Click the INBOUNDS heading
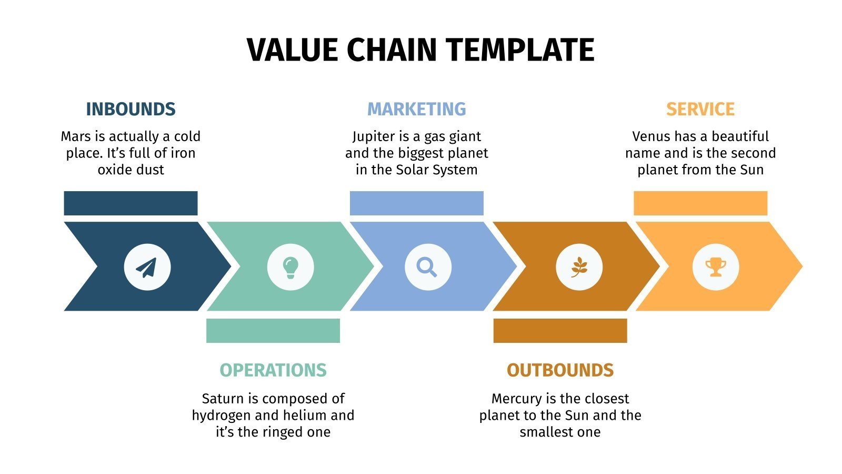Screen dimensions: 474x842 pyautogui.click(x=131, y=109)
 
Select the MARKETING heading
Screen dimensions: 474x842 pyautogui.click(x=416, y=109)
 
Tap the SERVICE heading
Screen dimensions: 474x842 pyautogui.click(x=700, y=109)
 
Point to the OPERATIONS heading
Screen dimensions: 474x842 pyautogui.click(x=273, y=370)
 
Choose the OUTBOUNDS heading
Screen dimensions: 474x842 pyautogui.click(x=560, y=370)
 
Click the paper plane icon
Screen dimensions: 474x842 pyautogui.click(x=147, y=267)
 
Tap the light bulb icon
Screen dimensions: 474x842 pyautogui.click(x=290, y=267)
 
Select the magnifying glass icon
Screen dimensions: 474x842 pyautogui.click(x=427, y=267)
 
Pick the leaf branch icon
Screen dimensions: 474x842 pyautogui.click(x=579, y=267)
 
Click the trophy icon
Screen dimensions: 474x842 pyautogui.click(x=715, y=267)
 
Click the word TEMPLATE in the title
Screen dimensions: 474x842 pyautogui.click(x=520, y=50)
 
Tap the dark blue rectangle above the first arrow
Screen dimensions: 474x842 pyautogui.click(x=131, y=203)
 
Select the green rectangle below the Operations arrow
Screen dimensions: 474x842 pyautogui.click(x=273, y=331)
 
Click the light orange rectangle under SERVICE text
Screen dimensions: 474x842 pyautogui.click(x=700, y=203)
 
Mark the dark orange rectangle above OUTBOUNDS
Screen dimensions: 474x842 pyautogui.click(x=560, y=331)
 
